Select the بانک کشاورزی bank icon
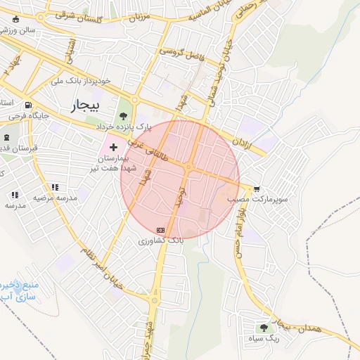pos(161,230)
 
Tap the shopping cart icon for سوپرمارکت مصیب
pos(257,188)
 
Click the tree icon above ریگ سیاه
pos(264,327)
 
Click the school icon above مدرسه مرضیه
pos(55,187)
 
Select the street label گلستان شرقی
pos(70,15)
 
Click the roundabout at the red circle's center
pos(190,166)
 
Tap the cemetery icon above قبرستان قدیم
pos(6,137)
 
